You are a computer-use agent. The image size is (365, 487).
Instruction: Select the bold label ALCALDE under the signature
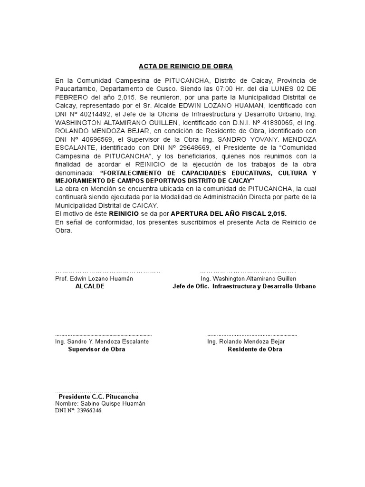90,287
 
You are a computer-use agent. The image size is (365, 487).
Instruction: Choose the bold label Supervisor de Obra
96,349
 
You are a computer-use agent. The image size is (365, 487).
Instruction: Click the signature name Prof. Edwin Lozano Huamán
94,278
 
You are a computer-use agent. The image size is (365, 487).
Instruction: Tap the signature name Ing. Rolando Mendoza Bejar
246,341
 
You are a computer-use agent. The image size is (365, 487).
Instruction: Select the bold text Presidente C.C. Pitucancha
99,396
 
